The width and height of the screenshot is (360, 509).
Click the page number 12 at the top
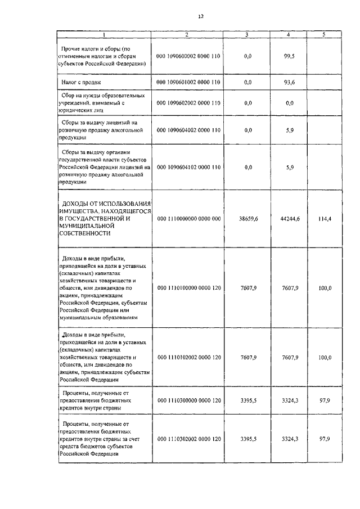pos(200,16)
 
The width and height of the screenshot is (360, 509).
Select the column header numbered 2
pos(187,34)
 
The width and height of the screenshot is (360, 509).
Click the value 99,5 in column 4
pos(290,56)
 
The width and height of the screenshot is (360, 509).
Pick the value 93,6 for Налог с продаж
pos(290,83)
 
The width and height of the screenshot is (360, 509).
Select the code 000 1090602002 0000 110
pos(188,103)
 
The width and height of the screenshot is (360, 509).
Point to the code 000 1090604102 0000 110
pos(188,167)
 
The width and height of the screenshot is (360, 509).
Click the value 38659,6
pos(248,218)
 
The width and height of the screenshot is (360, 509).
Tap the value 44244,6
pos(290,218)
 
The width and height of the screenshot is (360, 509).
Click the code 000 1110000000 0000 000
pos(188,218)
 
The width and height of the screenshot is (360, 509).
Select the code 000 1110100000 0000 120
pos(188,287)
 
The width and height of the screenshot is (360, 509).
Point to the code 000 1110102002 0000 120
pos(188,357)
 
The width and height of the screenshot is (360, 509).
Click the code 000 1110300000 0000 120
pos(188,400)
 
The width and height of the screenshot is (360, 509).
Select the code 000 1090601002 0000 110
pos(188,83)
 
